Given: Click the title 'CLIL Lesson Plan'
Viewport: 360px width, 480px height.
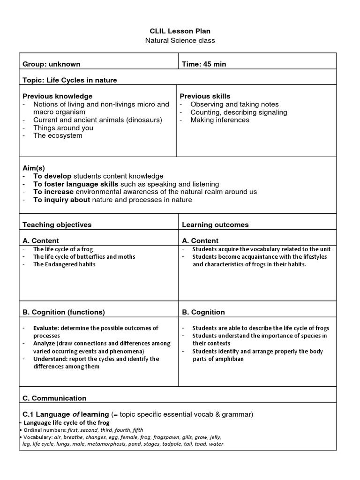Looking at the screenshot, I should coord(180,31).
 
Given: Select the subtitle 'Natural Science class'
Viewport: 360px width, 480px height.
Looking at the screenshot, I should coord(180,40).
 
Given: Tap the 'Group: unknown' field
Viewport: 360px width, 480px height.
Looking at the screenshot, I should coord(52,64).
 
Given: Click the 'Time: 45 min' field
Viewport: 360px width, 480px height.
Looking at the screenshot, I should coord(204,64).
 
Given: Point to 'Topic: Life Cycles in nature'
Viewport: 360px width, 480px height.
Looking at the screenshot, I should coord(70,80).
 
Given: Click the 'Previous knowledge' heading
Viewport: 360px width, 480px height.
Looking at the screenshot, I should coord(58,96).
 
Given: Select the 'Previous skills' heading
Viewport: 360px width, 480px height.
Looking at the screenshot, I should coord(205,96).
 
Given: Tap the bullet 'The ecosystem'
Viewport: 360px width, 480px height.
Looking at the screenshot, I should coord(58,135).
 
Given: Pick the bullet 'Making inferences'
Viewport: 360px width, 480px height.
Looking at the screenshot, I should coord(220,120).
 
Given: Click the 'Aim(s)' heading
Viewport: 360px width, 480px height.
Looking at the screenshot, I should coord(34,168).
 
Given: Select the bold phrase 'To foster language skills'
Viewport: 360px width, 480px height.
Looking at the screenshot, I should coord(76,184).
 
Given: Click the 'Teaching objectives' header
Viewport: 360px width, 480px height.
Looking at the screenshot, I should coord(57,225).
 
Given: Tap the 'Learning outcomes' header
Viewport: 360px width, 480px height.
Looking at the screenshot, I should coord(215,225).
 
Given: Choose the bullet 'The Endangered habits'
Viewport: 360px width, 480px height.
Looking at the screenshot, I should coord(64,264).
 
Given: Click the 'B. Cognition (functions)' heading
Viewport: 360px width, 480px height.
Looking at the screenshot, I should coord(64,312).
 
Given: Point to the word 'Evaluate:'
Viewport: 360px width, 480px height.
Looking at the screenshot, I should coord(46,328).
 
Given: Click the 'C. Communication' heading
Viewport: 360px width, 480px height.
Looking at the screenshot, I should coord(55,398).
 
